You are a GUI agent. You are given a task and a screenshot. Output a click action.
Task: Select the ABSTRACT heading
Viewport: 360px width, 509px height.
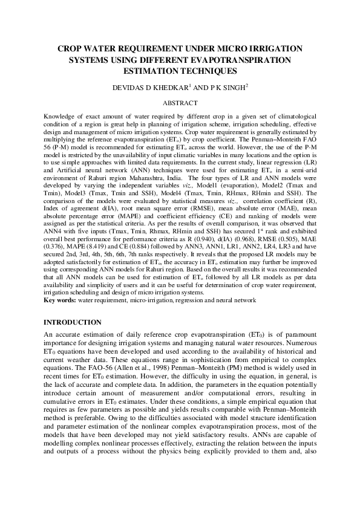[180, 103]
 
